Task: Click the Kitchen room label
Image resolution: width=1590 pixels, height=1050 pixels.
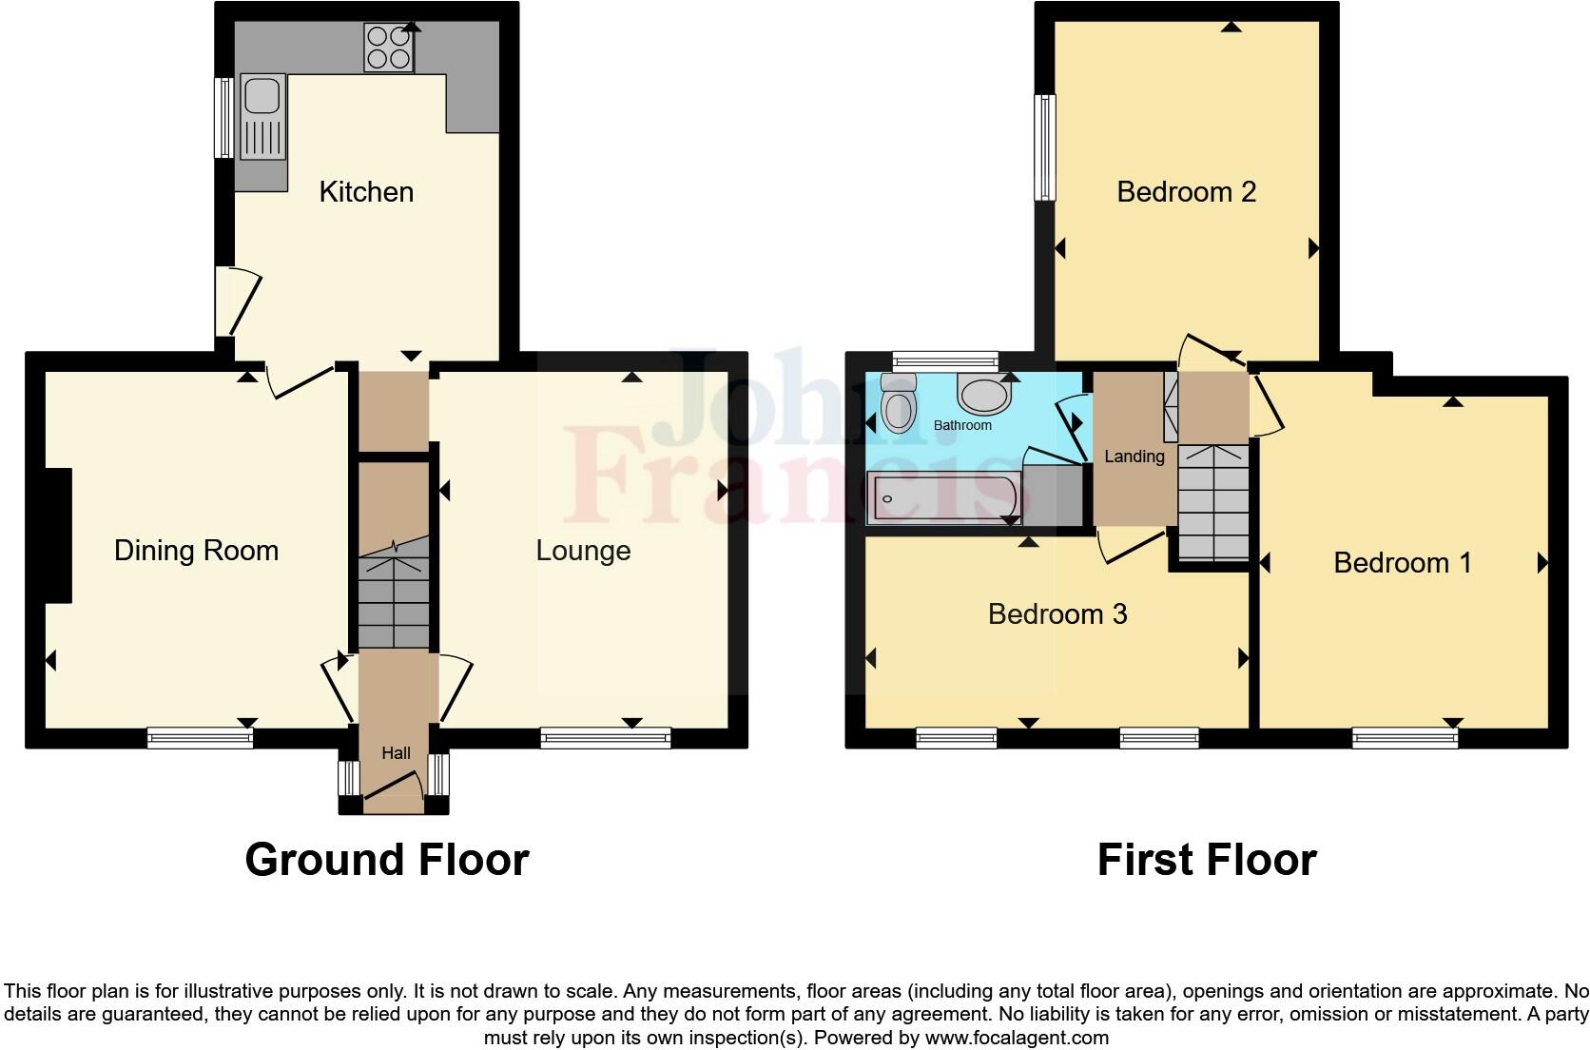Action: click(366, 192)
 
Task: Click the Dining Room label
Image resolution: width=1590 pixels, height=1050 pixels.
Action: click(196, 551)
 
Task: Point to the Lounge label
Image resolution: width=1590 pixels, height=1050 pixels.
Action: click(583, 551)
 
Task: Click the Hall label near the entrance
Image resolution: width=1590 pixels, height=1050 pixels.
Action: click(396, 753)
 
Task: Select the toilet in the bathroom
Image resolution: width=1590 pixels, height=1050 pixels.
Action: click(897, 402)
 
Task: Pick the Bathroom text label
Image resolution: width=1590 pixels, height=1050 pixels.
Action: click(962, 425)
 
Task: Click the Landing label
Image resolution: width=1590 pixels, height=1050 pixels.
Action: click(1134, 457)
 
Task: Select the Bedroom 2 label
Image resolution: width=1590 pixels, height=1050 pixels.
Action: click(1186, 192)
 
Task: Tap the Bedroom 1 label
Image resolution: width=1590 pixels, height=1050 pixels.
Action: click(1402, 563)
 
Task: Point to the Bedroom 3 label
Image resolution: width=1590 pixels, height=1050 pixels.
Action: click(1057, 614)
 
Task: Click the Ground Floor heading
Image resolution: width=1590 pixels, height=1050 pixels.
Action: click(387, 860)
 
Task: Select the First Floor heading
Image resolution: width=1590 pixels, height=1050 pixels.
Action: click(1206, 860)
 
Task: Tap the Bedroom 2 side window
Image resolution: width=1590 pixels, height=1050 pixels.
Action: click(1045, 147)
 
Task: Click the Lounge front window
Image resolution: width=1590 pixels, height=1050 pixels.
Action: click(605, 737)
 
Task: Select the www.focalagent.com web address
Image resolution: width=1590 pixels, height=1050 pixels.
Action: click(1016, 1038)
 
